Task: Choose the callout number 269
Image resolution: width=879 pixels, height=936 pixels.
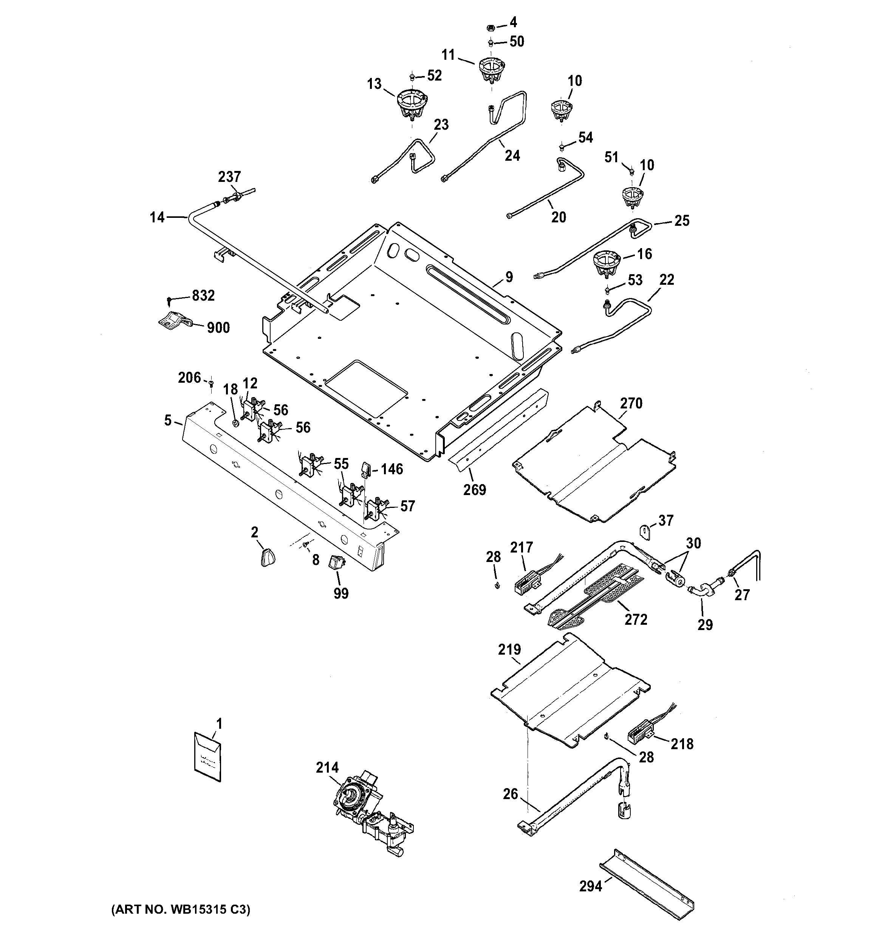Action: pos(474,490)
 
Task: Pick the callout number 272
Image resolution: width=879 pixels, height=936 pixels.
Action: pos(636,619)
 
